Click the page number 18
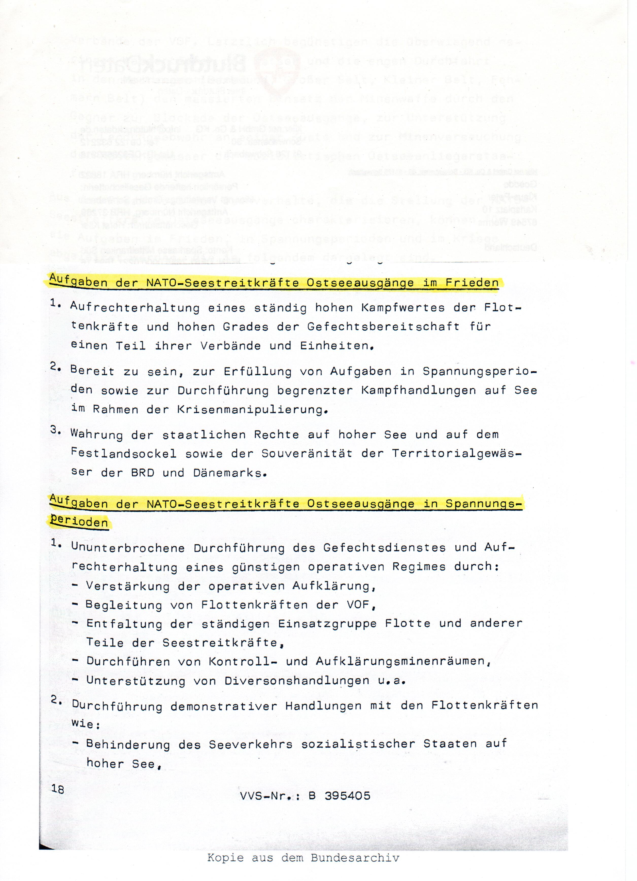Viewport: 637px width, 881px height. coord(58,789)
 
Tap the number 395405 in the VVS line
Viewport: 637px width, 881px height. coord(347,796)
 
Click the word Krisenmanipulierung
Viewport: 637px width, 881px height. coord(250,409)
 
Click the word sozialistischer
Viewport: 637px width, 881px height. coord(358,744)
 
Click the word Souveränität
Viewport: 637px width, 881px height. coord(307,453)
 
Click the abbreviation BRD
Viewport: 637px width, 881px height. coord(143,473)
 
